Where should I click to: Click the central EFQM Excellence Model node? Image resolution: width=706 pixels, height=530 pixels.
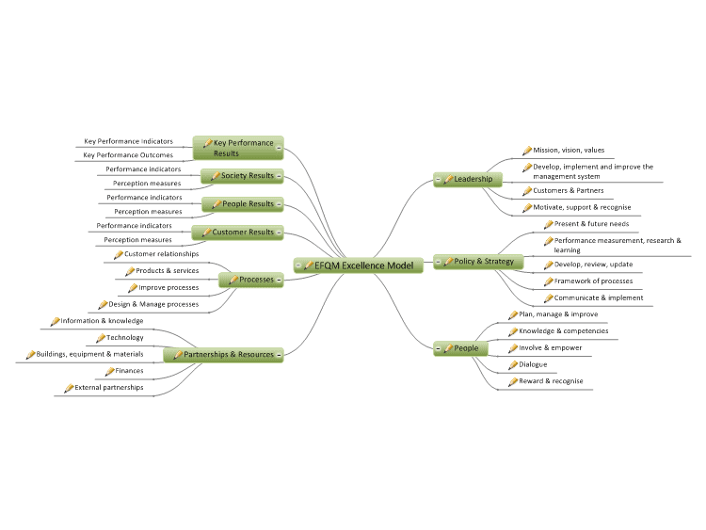pyautogui.click(x=359, y=265)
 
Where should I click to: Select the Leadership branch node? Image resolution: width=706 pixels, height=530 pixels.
pyautogui.click(x=468, y=179)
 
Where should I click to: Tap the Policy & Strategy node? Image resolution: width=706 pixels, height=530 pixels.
pyautogui.click(x=478, y=261)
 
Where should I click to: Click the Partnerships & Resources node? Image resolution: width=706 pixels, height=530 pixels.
pyautogui.click(x=223, y=354)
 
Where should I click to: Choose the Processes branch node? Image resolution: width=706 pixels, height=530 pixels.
pyautogui.click(x=250, y=280)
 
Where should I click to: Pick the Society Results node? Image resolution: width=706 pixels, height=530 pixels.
pyautogui.click(x=242, y=176)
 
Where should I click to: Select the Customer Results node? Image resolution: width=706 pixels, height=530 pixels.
pyautogui.click(x=237, y=233)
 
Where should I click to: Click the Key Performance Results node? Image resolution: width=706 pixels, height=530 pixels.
pyautogui.click(x=238, y=148)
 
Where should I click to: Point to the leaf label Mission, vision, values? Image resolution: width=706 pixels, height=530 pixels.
pyautogui.click(x=569, y=150)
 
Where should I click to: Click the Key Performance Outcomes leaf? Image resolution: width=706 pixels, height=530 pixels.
pyautogui.click(x=128, y=155)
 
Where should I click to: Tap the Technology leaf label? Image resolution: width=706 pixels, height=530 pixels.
pyautogui.click(x=124, y=337)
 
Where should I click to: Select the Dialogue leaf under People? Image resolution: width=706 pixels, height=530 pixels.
pyautogui.click(x=533, y=364)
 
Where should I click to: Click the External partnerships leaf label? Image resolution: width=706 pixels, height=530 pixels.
pyautogui.click(x=109, y=387)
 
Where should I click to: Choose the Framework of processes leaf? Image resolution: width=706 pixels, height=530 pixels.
pyautogui.click(x=593, y=281)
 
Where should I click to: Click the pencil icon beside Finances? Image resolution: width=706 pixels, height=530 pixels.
pyautogui.click(x=109, y=372)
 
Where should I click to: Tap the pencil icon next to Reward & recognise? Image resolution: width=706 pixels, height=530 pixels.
pyautogui.click(x=513, y=382)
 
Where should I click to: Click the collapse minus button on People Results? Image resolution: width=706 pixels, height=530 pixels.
pyautogui.click(x=279, y=204)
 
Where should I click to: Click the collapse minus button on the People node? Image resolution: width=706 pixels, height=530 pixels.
pyautogui.click(x=438, y=348)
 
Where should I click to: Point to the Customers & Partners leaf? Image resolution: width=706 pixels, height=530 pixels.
pyautogui.click(x=569, y=190)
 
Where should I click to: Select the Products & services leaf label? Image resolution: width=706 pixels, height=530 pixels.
pyautogui.click(x=167, y=270)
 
